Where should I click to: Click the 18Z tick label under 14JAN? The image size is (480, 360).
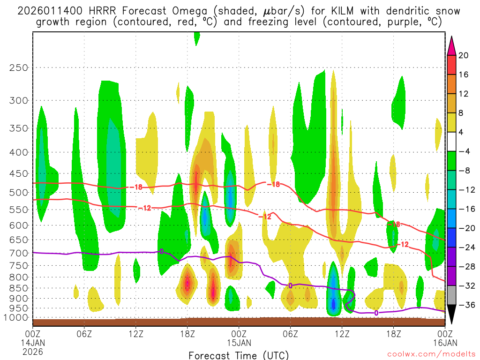point(187,334)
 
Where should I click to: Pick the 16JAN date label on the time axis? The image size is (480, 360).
point(445,343)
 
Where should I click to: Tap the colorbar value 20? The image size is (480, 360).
point(464,55)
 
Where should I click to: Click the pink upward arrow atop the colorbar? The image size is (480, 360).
point(451,45)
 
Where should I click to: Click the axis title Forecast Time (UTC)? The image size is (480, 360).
point(239,355)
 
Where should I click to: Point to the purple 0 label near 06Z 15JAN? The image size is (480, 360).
point(290,285)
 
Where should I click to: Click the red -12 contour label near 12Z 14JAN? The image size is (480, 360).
point(145,208)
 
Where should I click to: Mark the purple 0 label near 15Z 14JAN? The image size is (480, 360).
point(162,252)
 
